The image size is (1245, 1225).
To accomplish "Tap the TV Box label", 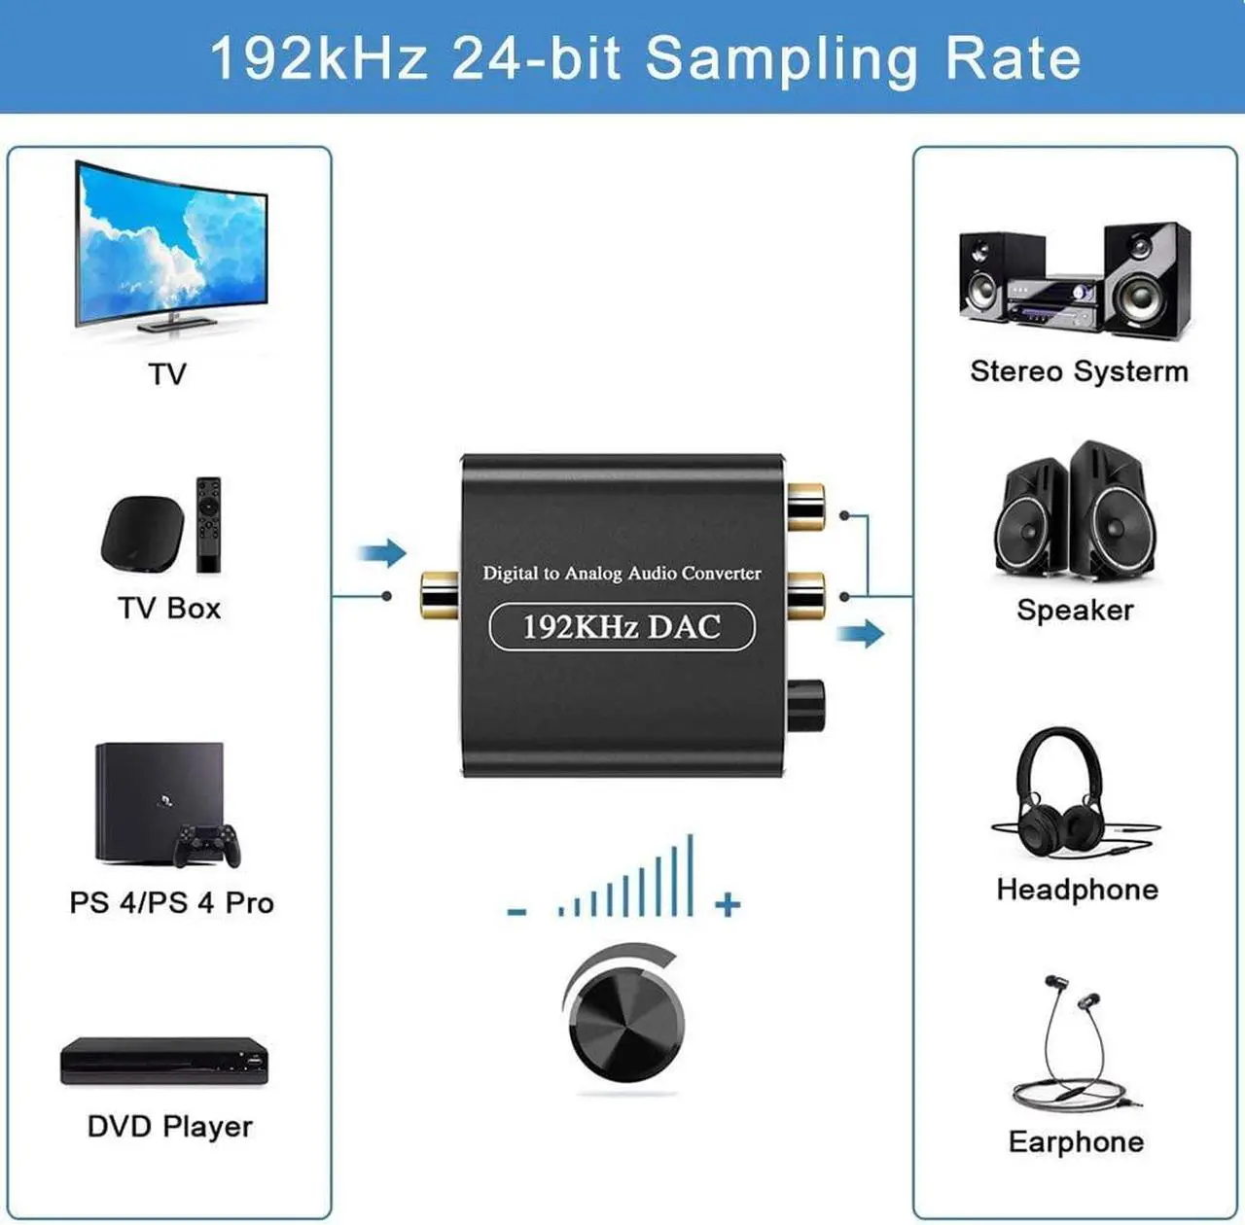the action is pyautogui.click(x=169, y=609).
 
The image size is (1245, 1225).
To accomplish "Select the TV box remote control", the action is pyautogui.click(x=208, y=524).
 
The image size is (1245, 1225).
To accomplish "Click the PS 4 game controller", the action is pyautogui.click(x=207, y=846).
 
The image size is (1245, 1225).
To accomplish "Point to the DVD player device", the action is pyautogui.click(x=164, y=1061).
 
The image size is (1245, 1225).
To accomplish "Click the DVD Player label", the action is pyautogui.click(x=169, y=1127).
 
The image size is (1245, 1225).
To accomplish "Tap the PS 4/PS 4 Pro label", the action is pyautogui.click(x=171, y=902).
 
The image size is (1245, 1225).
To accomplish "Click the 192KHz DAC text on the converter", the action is pyautogui.click(x=622, y=627).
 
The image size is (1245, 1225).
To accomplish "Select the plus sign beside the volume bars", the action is pyautogui.click(x=728, y=905).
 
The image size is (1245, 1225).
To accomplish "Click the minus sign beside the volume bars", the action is pyautogui.click(x=517, y=911).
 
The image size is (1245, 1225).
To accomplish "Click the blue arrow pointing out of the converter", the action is pyautogui.click(x=861, y=634).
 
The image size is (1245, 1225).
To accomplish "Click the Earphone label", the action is pyautogui.click(x=1076, y=1141).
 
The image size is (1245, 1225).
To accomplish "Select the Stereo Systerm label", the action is pyautogui.click(x=1079, y=371).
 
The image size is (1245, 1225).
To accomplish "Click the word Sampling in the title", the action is pyautogui.click(x=781, y=58).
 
